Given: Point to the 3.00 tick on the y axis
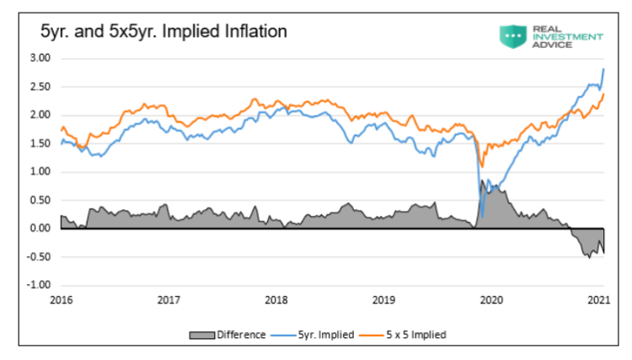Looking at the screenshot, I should [40, 58].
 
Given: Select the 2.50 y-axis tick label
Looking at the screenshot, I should [40, 87].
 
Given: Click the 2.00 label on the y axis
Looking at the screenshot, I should [40, 115].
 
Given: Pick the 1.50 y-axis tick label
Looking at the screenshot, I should [40, 143].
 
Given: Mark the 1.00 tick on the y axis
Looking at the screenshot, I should [40, 171].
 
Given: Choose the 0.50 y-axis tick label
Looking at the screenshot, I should [40, 200].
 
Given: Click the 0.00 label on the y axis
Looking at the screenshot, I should [40, 228].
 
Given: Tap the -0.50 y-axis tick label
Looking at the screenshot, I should [39, 256].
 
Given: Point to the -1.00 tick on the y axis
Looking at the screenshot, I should [39, 284].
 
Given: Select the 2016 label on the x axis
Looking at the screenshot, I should [62, 299].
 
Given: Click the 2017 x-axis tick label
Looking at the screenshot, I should [169, 299].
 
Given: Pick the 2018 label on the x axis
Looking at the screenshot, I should [276, 299].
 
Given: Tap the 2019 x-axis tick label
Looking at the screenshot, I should [383, 299].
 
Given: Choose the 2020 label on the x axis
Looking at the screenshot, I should [491, 299].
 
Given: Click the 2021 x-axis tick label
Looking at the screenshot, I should [598, 299].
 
